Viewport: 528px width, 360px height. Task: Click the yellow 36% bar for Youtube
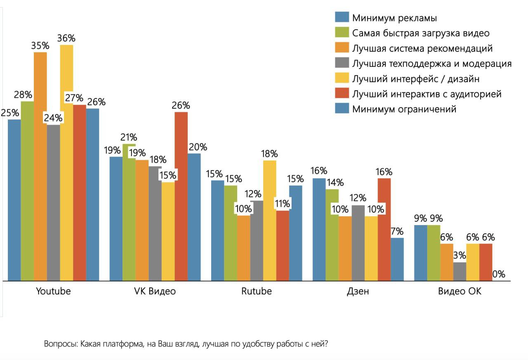66,165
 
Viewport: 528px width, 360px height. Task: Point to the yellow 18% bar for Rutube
270,221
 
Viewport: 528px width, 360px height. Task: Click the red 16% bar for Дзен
384,229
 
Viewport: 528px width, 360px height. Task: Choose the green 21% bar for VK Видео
129,213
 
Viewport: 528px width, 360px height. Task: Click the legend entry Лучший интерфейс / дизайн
415,78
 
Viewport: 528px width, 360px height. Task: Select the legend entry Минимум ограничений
404,109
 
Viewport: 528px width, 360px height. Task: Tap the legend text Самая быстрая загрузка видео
421,33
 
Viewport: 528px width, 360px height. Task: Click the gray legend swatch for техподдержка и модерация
342,63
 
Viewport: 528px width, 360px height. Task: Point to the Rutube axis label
257,291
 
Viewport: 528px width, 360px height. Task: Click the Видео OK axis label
460,291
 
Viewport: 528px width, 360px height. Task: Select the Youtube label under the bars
53,291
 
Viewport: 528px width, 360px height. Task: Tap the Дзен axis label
358,291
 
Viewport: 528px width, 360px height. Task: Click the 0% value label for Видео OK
499,274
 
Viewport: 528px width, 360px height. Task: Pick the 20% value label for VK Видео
198,147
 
